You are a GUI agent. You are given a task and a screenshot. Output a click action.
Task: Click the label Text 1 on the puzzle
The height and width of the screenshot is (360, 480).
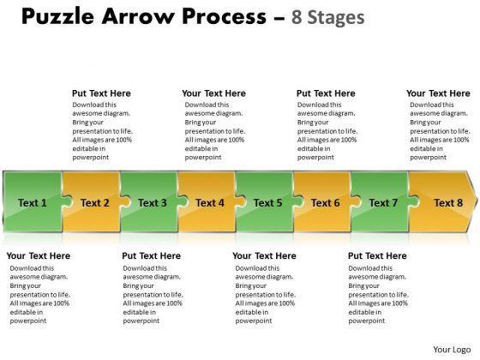[x=33, y=202]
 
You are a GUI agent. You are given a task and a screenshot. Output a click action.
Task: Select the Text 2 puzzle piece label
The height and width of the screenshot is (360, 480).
[x=95, y=202]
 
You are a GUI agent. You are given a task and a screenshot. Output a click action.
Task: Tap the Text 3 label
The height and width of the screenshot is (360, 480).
[x=153, y=202]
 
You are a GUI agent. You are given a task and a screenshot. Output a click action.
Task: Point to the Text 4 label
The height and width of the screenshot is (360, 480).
[x=210, y=202]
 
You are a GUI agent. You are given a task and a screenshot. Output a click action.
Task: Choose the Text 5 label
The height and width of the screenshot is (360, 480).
[x=267, y=202]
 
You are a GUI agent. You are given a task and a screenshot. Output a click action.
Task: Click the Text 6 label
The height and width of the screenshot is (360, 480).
[x=326, y=202]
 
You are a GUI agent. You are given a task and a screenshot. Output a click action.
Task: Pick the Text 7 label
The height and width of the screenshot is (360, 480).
[x=383, y=202]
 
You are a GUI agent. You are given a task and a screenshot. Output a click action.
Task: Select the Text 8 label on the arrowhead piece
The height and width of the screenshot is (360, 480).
[x=448, y=202]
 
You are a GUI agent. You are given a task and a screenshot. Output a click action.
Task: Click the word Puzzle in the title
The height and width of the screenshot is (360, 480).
[x=58, y=16]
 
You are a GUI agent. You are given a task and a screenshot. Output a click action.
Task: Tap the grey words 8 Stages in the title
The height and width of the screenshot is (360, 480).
[x=327, y=17]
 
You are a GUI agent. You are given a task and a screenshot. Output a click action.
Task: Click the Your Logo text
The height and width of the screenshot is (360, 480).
[x=452, y=350]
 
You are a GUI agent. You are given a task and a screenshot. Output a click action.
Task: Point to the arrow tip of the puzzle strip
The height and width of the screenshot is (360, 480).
[x=477, y=201]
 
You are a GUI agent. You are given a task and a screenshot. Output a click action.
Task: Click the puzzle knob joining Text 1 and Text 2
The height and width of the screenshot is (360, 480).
[x=68, y=202]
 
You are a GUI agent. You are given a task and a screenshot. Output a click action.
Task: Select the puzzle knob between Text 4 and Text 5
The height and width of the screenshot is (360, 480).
[x=241, y=202]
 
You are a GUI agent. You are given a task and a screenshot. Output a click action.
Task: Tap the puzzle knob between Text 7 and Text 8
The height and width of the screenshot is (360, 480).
[x=413, y=202]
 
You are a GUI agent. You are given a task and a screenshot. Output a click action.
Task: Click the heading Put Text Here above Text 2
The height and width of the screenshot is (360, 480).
[x=101, y=93]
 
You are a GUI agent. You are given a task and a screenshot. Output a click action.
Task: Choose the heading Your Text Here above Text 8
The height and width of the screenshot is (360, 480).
[x=438, y=93]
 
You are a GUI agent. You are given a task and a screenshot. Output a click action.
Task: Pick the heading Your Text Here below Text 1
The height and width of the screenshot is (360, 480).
[x=39, y=256]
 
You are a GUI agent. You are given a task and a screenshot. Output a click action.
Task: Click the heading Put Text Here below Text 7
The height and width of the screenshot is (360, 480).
[x=377, y=256]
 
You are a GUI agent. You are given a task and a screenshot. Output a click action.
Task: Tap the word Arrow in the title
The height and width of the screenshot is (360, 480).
[x=138, y=16]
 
